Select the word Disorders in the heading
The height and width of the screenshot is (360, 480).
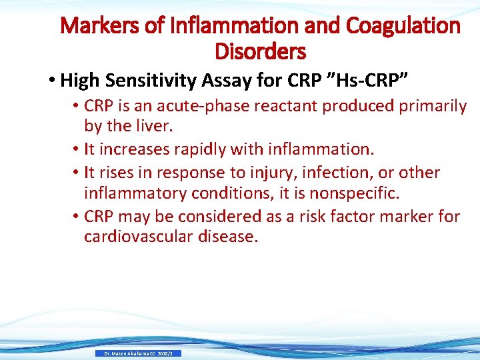[x=261, y=51]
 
